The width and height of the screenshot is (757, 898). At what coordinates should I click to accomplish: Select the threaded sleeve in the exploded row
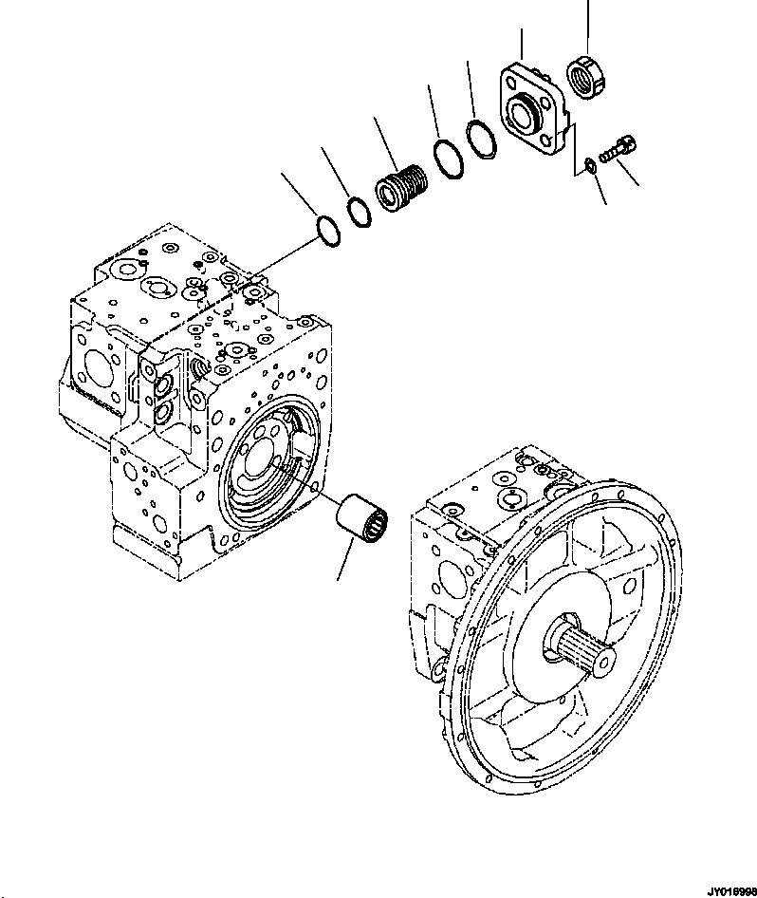(x=400, y=184)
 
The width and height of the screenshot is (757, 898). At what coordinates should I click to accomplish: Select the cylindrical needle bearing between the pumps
(x=362, y=520)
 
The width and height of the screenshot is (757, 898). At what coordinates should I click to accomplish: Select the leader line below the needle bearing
(x=345, y=564)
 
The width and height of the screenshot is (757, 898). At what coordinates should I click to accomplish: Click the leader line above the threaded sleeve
(x=387, y=142)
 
